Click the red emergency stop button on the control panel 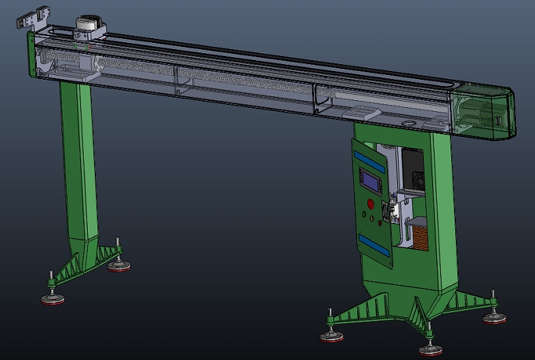[371, 203]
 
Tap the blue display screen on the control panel [371, 181]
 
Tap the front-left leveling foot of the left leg [52, 297]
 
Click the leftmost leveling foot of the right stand [331, 335]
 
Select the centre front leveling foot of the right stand [430, 350]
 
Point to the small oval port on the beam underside [410, 123]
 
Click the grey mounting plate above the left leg [79, 73]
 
